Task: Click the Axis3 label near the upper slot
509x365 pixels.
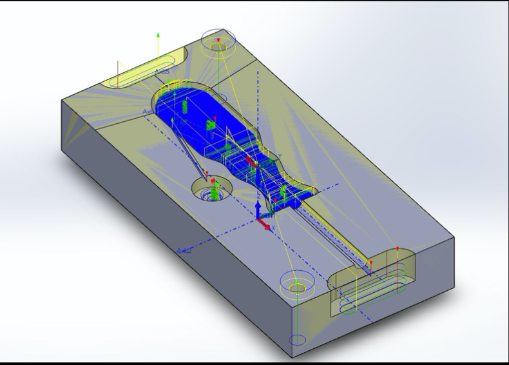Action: [x=162, y=72]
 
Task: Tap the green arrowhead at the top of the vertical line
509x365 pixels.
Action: [x=158, y=34]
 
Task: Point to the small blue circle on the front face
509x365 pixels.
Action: [x=297, y=339]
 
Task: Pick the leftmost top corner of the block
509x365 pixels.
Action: [x=62, y=99]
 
